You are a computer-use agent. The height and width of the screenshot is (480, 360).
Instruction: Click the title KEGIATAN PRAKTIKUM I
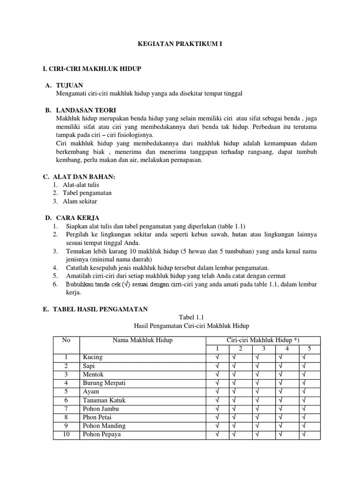point(180,44)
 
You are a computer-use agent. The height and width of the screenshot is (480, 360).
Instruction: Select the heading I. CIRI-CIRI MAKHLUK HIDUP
point(92,69)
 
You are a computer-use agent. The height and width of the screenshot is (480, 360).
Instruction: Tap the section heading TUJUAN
point(69,85)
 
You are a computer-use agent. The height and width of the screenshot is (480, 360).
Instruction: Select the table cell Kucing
point(92,357)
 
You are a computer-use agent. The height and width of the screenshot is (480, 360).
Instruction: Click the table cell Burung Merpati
point(104,383)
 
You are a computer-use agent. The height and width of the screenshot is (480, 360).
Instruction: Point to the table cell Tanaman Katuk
point(104,400)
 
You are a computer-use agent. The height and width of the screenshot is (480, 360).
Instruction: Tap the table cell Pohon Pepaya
point(101,435)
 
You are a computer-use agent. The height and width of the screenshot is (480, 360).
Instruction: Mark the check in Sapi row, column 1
point(217,366)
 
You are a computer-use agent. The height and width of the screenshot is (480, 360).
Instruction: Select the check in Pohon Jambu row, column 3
point(258,409)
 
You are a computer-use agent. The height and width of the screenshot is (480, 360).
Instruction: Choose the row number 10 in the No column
point(66,435)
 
